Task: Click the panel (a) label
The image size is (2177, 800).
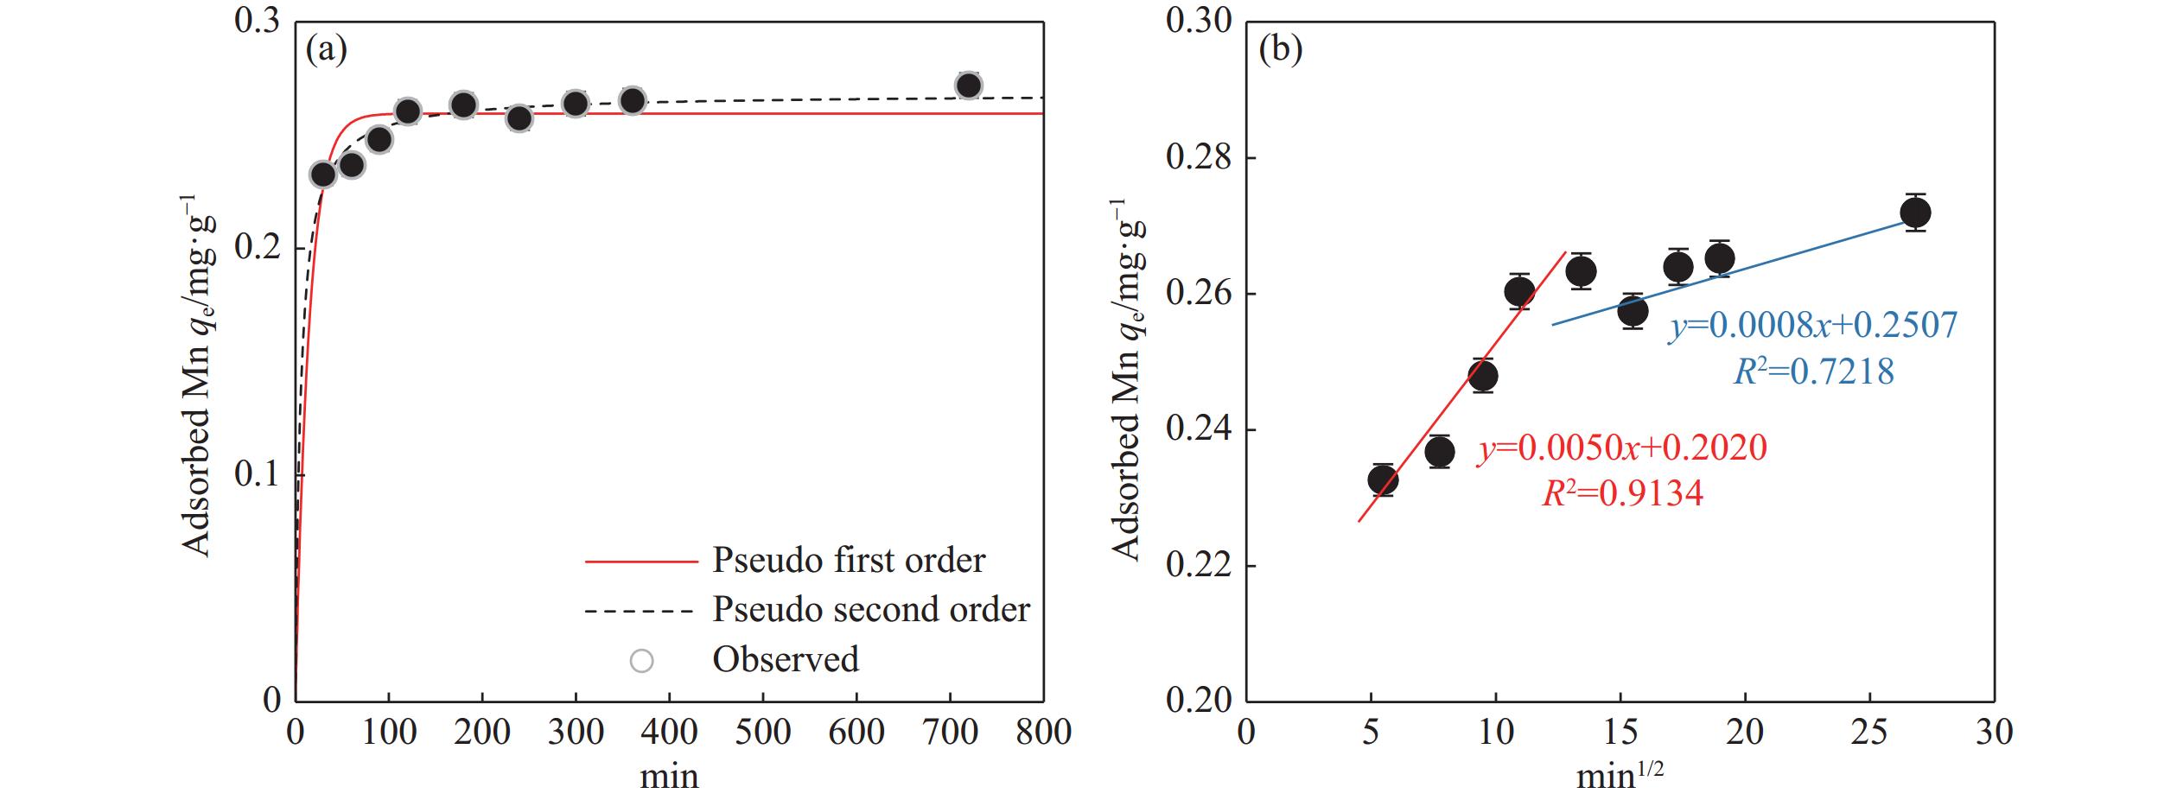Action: [327, 51]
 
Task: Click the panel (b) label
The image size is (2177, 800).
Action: [1280, 51]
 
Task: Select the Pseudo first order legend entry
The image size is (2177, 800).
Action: [848, 561]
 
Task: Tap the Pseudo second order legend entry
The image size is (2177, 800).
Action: [870, 610]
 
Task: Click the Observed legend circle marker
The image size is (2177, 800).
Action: [641, 661]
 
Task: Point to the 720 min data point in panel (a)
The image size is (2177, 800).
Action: [968, 86]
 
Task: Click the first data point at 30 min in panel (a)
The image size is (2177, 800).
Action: [323, 175]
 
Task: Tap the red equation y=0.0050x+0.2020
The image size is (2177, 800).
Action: [1621, 448]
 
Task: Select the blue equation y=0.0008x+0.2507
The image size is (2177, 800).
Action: [1812, 326]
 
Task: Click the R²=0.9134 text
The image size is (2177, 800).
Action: [1622, 494]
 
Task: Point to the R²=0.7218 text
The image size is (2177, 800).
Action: [1813, 371]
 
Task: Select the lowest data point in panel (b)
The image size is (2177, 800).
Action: [1383, 479]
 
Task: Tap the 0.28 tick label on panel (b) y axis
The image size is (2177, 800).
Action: [1198, 158]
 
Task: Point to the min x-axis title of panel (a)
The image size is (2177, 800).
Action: [669, 775]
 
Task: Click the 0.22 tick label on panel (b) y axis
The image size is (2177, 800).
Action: [1198, 566]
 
